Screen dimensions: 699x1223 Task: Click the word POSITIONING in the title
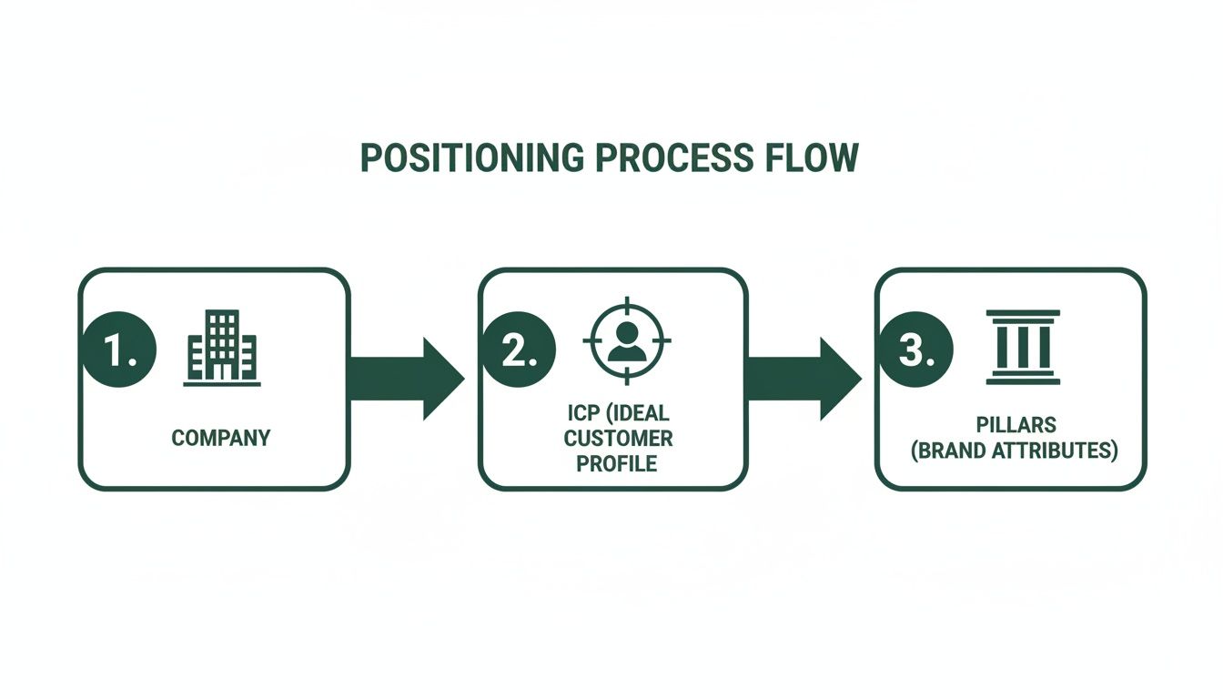click(471, 158)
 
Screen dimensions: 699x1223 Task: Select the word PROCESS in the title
click(672, 158)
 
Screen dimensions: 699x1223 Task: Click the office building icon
click(221, 347)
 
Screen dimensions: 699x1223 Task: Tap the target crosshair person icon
click(625, 339)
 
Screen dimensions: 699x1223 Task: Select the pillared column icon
click(1023, 347)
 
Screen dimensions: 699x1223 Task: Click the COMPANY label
click(221, 438)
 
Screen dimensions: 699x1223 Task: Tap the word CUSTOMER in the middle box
click(618, 439)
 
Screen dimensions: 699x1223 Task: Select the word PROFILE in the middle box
click(617, 463)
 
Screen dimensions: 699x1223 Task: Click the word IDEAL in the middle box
click(640, 414)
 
